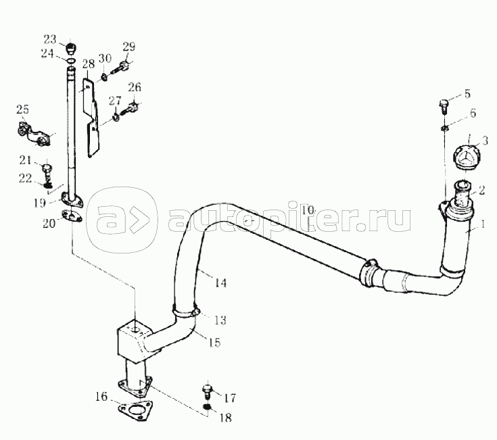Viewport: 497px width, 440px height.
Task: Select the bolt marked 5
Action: pos(444,105)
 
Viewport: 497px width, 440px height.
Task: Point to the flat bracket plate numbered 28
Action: pos(94,115)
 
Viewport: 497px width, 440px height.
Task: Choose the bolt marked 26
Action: pos(135,106)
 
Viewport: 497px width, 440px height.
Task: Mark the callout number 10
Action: pos(308,211)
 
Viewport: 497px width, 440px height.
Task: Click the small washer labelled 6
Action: pos(444,127)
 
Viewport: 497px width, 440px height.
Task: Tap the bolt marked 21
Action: pos(47,167)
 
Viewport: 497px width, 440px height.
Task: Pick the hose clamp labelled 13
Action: pos(187,312)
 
